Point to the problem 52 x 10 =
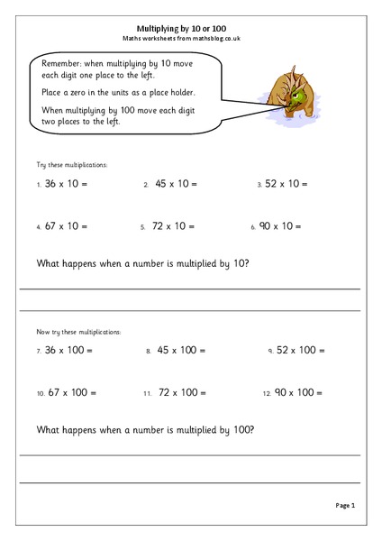tap(286, 184)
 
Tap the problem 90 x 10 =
tap(286, 227)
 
